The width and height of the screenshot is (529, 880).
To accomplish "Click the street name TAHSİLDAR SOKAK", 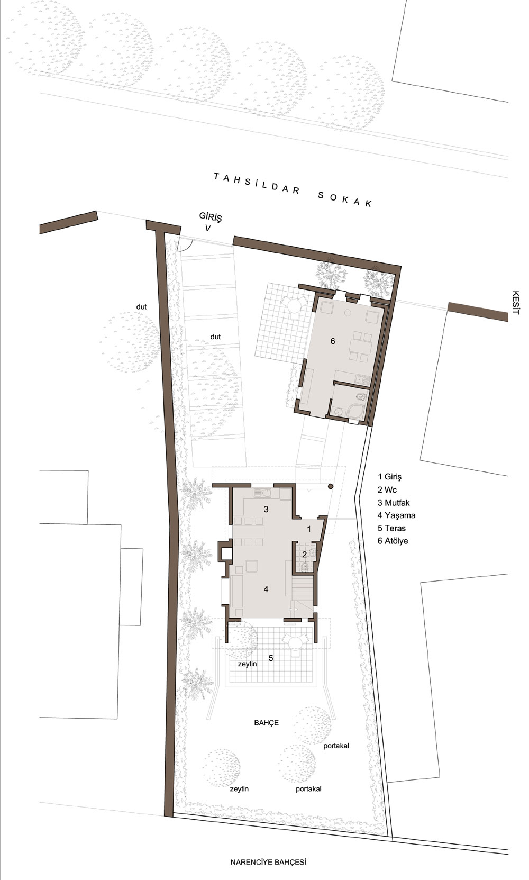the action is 293,190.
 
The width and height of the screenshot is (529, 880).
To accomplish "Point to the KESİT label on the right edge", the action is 516,303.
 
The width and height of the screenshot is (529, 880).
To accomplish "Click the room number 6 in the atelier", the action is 333,341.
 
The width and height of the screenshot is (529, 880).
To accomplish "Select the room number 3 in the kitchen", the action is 266,509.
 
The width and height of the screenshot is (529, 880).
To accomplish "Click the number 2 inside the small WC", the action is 304,555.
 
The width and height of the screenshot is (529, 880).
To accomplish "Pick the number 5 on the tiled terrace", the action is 271,658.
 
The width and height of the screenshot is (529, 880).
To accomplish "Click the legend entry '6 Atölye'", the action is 393,541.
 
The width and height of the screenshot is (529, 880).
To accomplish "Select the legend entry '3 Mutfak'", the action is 394,503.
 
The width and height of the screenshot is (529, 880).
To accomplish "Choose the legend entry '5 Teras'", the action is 391,528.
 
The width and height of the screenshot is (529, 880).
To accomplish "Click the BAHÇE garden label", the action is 266,723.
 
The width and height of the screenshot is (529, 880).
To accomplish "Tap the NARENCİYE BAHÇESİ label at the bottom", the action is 268,863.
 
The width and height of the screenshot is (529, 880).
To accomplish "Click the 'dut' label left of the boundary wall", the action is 141,307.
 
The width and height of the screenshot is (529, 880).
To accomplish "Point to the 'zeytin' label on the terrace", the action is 248,664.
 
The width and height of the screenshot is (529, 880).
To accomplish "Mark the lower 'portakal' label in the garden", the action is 309,788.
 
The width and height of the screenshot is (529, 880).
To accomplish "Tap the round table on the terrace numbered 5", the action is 295,643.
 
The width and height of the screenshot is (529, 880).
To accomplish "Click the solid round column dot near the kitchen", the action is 331,487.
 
